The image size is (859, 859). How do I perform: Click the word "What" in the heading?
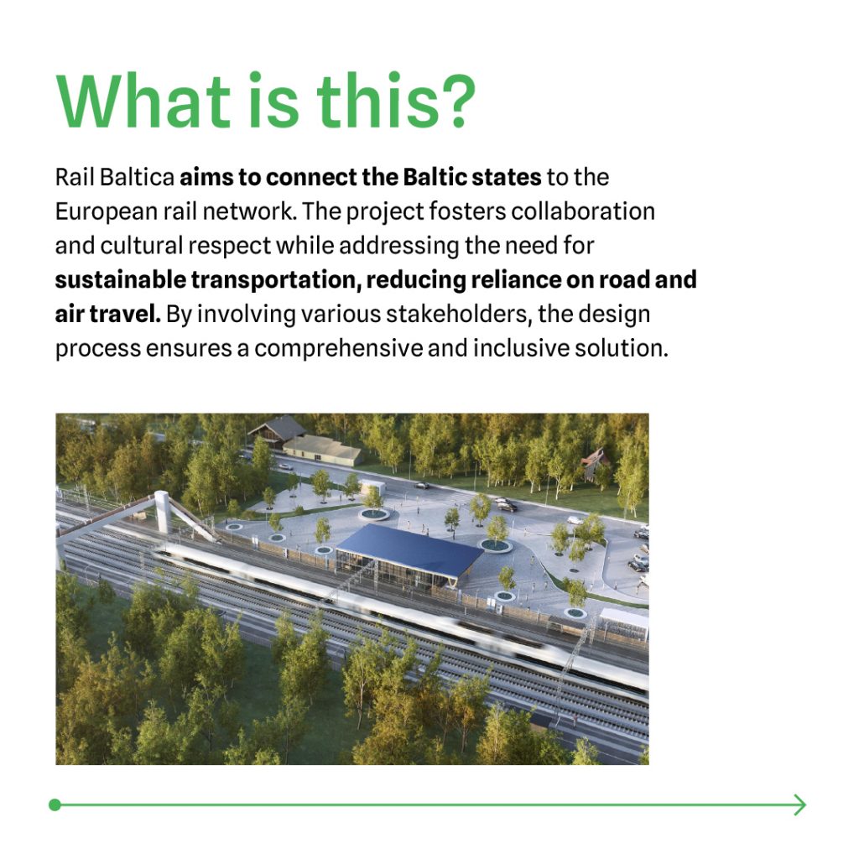tap(143, 102)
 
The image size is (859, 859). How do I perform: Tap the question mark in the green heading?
tap(456, 102)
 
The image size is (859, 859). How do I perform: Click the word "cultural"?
tap(141, 246)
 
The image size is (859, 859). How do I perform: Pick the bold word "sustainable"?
tap(121, 279)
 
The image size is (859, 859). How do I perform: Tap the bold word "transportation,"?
tap(275, 280)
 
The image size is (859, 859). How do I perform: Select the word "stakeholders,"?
tap(459, 314)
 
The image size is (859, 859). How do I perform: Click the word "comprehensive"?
tap(338, 348)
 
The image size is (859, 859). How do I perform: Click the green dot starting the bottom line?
tap(55, 804)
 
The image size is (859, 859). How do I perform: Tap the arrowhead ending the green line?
tap(800, 804)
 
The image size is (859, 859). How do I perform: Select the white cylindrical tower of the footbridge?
tap(163, 512)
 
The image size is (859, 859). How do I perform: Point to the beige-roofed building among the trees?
tap(323, 450)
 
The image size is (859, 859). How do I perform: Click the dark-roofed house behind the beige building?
tap(278, 428)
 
